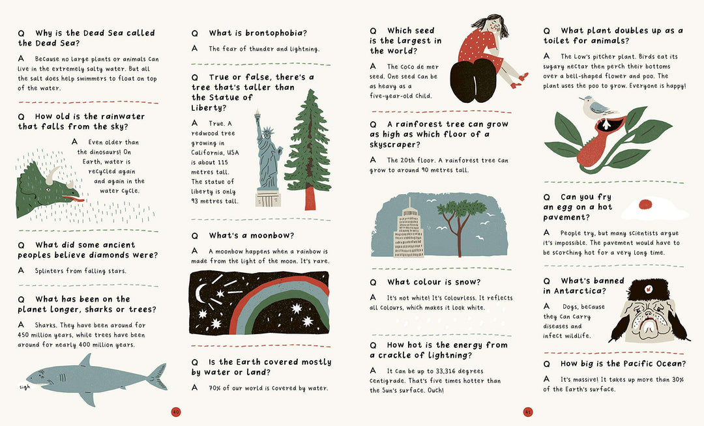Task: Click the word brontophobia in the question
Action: [x=274, y=33]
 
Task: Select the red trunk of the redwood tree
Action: [x=310, y=197]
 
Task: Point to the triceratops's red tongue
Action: [x=74, y=198]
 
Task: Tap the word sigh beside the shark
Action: [x=24, y=387]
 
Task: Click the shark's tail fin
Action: [x=158, y=376]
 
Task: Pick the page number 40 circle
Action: [x=176, y=412]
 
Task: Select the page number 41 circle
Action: [x=528, y=412]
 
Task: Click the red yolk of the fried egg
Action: [x=645, y=204]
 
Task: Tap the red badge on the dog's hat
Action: [x=648, y=289]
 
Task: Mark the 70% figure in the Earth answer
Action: [x=214, y=388]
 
